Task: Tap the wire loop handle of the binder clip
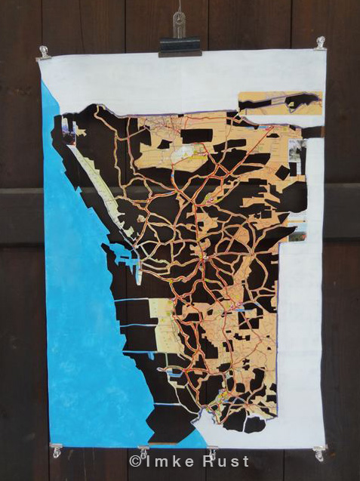coord(179,23)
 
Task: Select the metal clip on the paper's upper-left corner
coord(44,53)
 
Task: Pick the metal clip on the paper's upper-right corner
coord(320,42)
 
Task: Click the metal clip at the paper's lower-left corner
coord(56,450)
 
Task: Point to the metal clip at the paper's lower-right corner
coord(319,452)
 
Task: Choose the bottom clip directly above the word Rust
coord(212,451)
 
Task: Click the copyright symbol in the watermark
coord(135,461)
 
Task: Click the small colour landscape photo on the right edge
coord(297,230)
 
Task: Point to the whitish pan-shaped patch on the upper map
coord(183,152)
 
